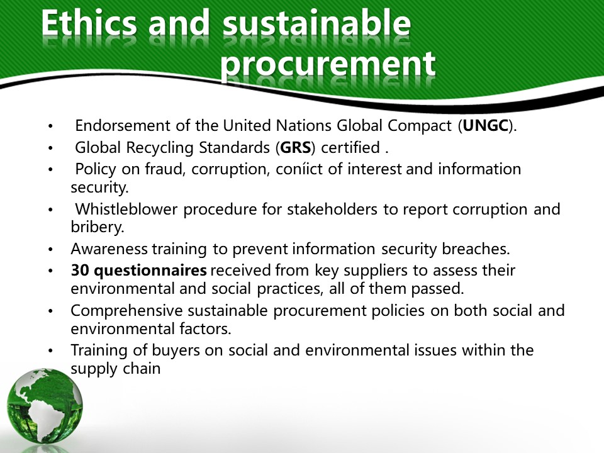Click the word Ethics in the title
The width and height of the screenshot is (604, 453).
point(89,23)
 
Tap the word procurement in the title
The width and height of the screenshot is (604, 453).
point(328,65)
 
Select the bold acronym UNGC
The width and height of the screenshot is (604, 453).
point(485,126)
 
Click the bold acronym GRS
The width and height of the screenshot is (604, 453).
point(296,147)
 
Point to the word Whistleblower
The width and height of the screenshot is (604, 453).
point(126,209)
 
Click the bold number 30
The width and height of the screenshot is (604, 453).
point(80,271)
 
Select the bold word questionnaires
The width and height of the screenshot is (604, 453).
point(150,271)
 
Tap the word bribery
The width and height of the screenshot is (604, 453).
point(98,227)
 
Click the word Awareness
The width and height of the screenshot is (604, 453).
point(109,249)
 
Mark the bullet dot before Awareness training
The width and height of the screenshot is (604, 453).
point(50,250)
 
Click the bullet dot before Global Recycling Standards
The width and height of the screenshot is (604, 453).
point(50,148)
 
